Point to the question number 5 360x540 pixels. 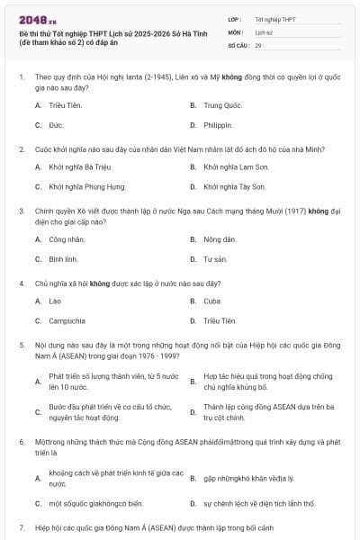[21, 345]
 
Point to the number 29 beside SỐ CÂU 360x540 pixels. [258, 44]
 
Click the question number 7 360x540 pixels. [21, 526]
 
